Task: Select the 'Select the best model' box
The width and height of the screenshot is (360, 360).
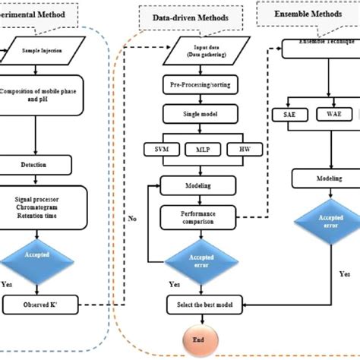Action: click(201, 305)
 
